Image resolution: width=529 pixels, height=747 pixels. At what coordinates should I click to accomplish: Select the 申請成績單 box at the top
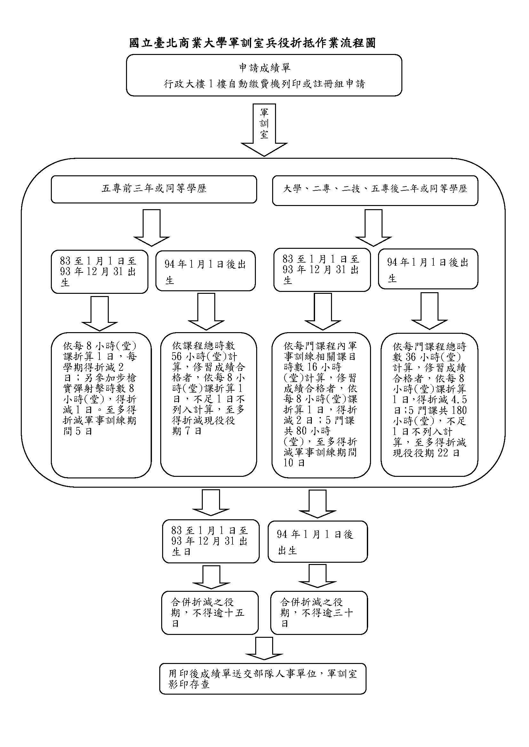click(x=264, y=75)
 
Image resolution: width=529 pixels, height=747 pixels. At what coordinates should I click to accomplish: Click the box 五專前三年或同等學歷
click(x=154, y=189)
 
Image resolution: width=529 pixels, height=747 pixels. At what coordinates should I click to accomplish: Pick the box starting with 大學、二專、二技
click(x=375, y=190)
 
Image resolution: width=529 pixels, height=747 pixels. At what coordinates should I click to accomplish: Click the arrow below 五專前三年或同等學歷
click(x=152, y=227)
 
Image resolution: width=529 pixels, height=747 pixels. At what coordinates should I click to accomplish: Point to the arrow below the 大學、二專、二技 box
click(x=373, y=227)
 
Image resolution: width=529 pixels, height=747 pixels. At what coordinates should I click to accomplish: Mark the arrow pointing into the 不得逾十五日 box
click(x=211, y=576)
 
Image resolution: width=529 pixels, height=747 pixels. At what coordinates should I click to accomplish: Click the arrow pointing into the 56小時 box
click(x=206, y=311)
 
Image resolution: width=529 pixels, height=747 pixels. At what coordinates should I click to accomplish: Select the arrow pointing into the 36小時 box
click(x=429, y=311)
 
